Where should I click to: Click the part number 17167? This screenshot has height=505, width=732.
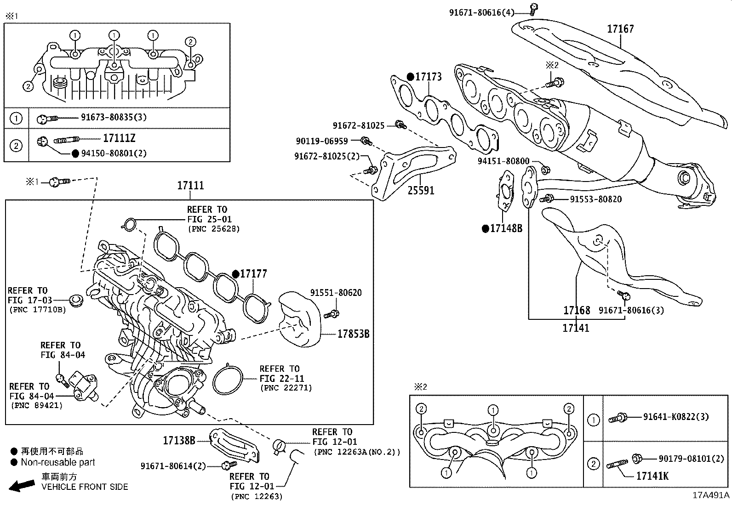point(620,29)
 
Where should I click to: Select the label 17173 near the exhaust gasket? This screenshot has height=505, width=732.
point(428,77)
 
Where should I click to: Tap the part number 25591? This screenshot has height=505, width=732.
point(421,190)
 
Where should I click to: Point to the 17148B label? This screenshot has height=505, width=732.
point(506,228)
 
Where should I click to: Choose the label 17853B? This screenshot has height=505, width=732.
point(353,334)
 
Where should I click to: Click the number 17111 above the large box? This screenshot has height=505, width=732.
point(191,186)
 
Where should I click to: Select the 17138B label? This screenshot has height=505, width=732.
point(179,441)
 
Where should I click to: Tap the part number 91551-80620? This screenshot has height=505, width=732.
point(336,293)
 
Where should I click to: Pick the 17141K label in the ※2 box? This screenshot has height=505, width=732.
point(652,476)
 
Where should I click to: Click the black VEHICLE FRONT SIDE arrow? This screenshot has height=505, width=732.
point(22,485)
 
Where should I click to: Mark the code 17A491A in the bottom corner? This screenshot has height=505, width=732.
point(711,495)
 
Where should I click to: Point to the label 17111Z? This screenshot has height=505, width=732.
point(119,138)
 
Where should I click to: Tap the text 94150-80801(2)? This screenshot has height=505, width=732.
point(114,153)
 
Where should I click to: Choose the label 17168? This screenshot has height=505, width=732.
point(577,311)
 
